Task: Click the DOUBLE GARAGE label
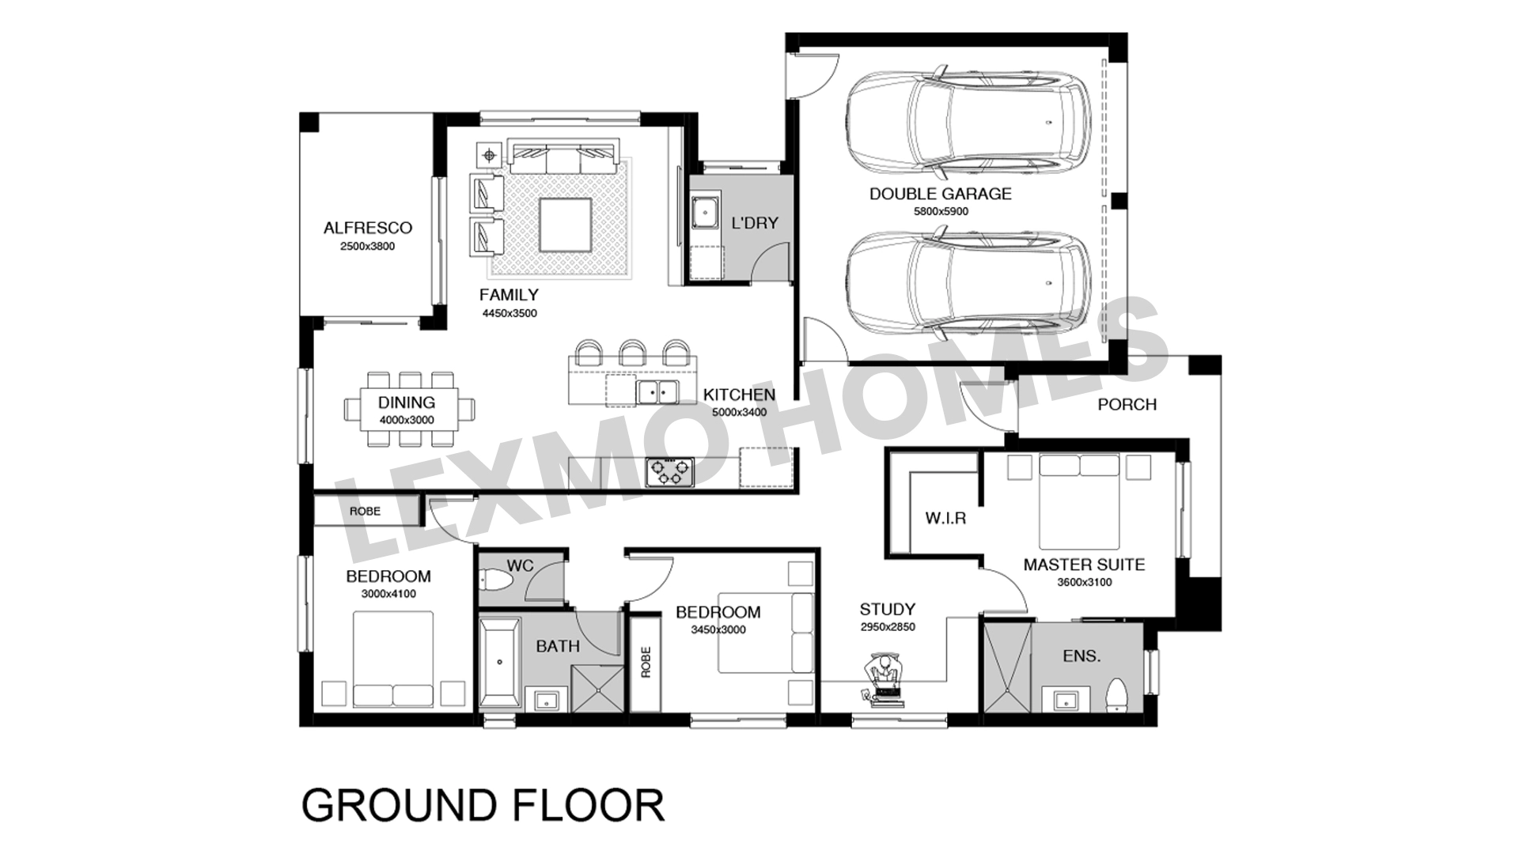click(x=940, y=194)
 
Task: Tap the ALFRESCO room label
click(x=368, y=229)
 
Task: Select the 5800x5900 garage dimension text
click(x=941, y=212)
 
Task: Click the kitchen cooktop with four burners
click(x=669, y=472)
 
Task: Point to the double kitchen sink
click(x=657, y=391)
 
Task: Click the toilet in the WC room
click(x=496, y=581)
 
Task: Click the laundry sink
click(x=703, y=211)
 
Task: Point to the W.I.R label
click(x=945, y=520)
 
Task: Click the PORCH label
click(x=1127, y=405)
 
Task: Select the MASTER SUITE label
click(x=1084, y=565)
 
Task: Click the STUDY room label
click(x=888, y=610)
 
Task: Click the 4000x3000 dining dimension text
click(x=407, y=421)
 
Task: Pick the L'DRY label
click(x=755, y=223)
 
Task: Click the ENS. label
click(x=1081, y=656)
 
